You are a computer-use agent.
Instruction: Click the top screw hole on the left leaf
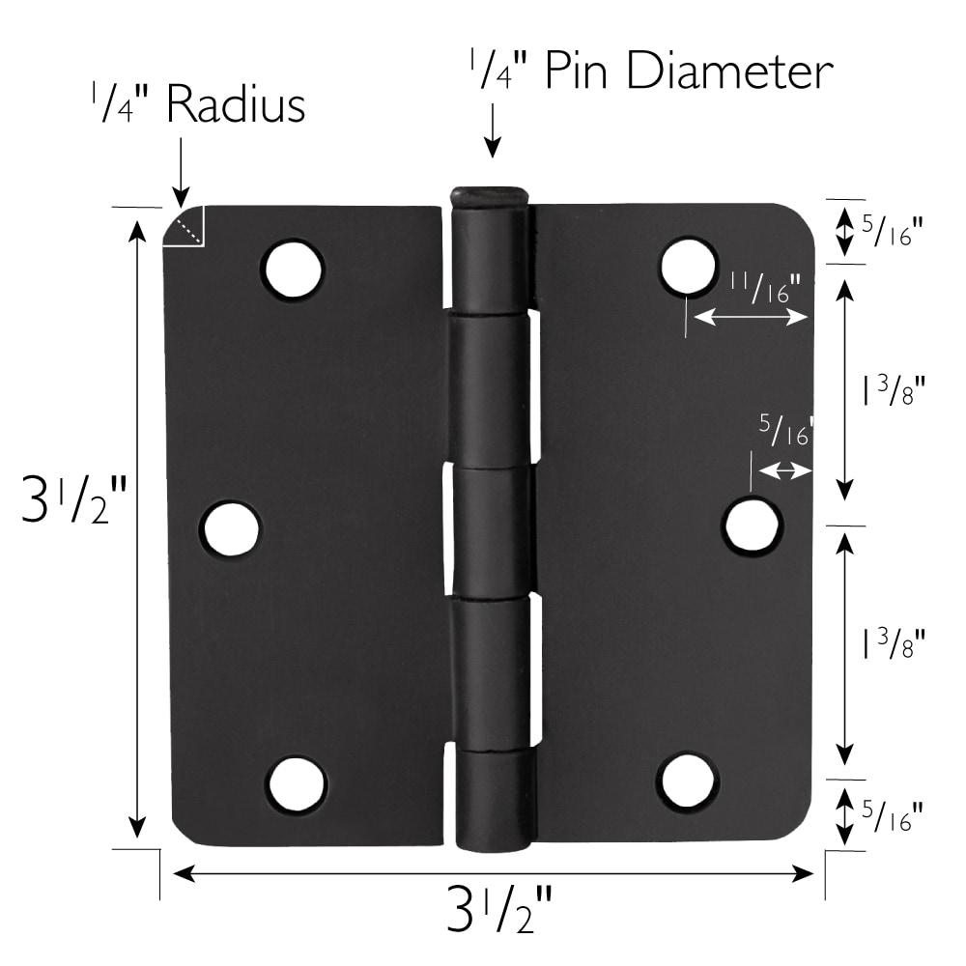tap(293, 270)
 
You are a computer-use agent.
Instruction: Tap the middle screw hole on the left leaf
tap(231, 529)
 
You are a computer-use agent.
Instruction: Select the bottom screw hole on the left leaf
tap(297, 783)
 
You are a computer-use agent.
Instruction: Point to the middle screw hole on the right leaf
tap(753, 526)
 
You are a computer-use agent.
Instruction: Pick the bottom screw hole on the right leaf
tap(688, 781)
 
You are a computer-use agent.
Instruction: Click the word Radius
tap(236, 105)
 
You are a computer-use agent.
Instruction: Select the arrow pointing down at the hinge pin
tap(493, 130)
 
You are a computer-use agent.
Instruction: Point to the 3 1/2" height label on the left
tap(73, 502)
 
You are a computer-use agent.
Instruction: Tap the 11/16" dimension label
tap(765, 287)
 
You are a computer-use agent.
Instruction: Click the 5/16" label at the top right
tap(892, 232)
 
